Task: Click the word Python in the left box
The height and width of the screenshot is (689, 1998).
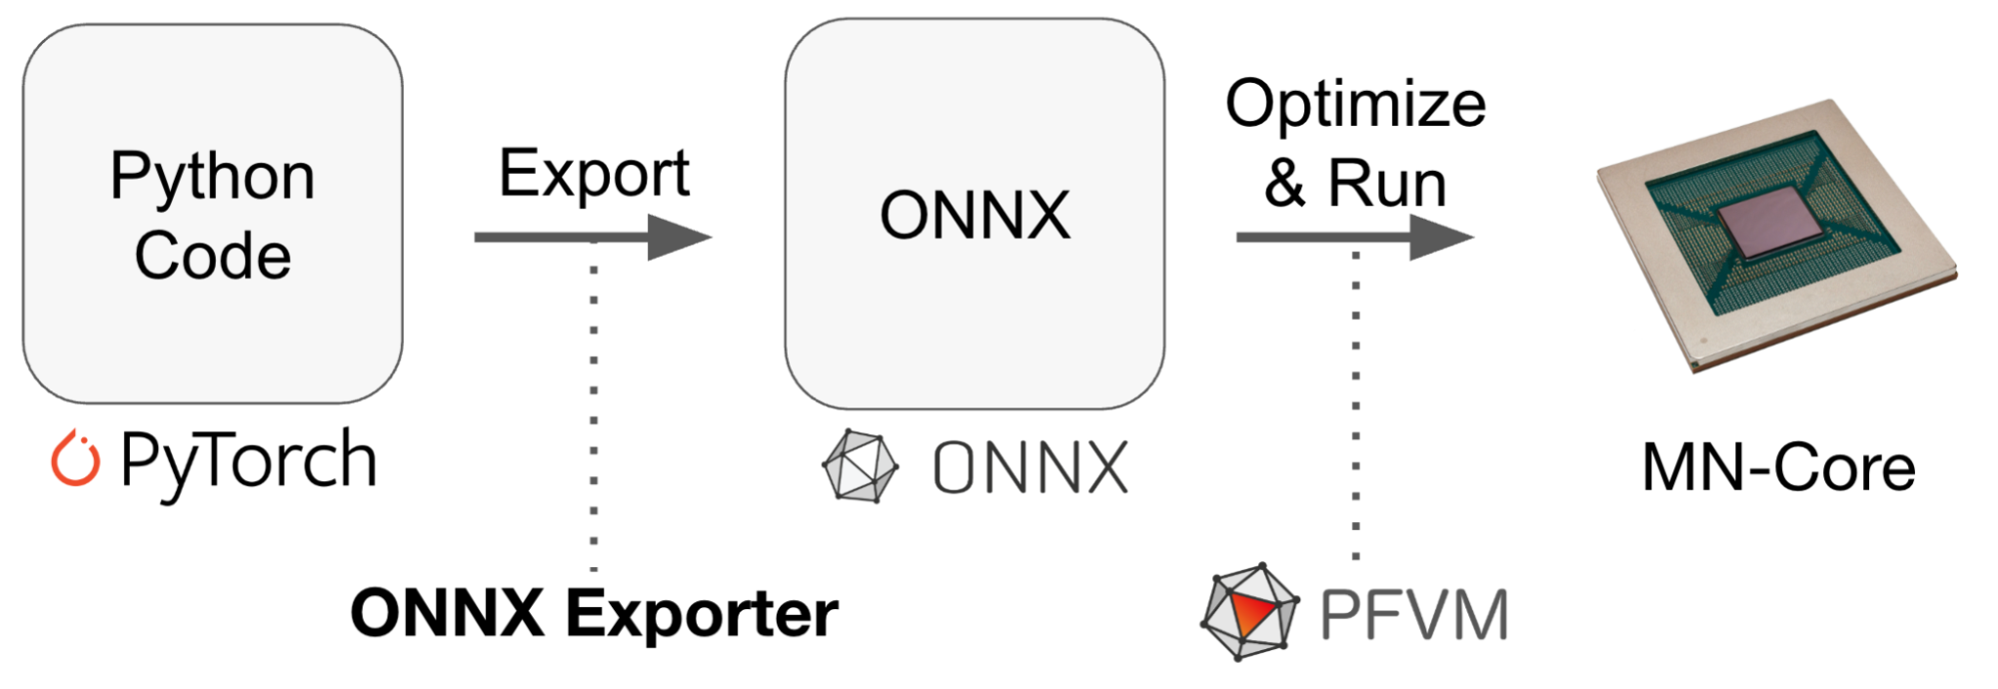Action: pos(212,178)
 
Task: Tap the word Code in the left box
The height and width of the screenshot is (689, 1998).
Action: pos(212,256)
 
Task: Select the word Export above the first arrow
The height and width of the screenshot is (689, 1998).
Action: pos(594,174)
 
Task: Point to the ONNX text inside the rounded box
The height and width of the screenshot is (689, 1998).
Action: pos(975,216)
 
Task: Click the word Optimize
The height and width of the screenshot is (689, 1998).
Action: pos(1355,105)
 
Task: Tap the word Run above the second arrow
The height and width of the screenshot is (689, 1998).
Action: pos(1386,184)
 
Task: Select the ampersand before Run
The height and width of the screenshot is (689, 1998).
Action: pos(1284,184)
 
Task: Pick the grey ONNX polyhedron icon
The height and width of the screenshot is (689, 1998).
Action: pos(860,466)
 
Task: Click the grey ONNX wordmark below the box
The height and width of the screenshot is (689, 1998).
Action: pos(1029,467)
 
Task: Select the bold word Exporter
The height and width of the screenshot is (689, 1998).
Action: pos(702,613)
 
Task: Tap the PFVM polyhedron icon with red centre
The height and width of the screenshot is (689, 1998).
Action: pos(1249,612)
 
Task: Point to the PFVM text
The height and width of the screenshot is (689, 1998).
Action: pos(1413,615)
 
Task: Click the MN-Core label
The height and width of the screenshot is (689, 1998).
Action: pos(1778,467)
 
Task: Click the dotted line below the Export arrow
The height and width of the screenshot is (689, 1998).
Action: pos(594,399)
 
